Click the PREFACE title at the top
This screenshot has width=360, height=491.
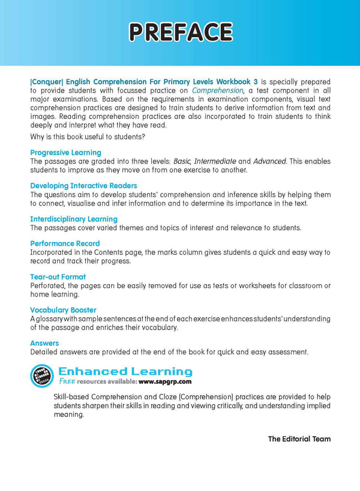pos(180,32)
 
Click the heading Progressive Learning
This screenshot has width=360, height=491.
pos(65,153)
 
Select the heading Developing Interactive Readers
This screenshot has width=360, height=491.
pos(83,186)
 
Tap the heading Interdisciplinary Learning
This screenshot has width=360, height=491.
pos(74,219)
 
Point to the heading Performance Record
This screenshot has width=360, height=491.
pos(65,244)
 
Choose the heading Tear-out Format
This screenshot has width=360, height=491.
pos(58,277)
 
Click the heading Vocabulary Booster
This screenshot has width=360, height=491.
pos(63,310)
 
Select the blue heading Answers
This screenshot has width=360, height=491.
pos(44,343)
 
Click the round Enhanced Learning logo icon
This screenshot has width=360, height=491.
pos(42,375)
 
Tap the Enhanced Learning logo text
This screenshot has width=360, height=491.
pos(125,372)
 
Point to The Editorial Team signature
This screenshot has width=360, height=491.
pos(299,439)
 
